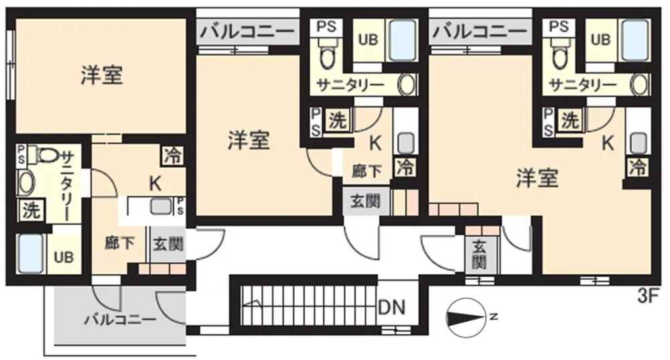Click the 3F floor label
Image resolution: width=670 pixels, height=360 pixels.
(648, 296)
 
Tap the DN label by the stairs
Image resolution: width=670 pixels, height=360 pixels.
(392, 308)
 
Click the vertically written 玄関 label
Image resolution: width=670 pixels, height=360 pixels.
(479, 255)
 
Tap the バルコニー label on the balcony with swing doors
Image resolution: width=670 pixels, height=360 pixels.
(120, 320)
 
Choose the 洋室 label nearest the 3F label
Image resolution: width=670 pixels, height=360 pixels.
(537, 178)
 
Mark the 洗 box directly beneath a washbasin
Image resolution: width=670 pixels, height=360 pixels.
(31, 211)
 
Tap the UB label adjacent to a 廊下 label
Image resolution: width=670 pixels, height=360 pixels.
(64, 257)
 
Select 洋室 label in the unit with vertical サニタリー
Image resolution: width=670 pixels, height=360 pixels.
(102, 75)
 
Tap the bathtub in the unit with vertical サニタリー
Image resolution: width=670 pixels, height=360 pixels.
(31, 254)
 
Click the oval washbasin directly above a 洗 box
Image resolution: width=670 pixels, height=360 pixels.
(26, 184)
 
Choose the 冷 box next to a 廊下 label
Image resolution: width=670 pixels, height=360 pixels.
(405, 166)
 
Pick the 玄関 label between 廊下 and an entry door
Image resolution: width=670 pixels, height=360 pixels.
(168, 244)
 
